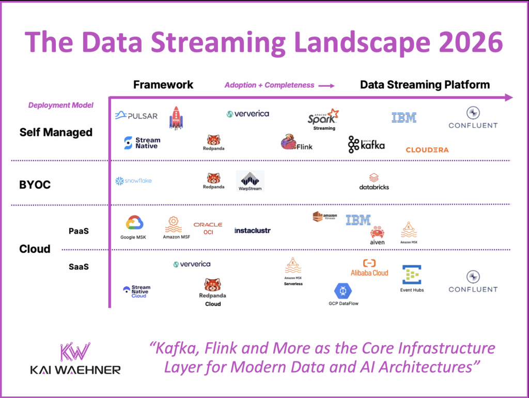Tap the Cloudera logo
(x=427, y=150)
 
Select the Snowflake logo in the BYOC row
(x=133, y=181)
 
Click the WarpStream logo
(x=250, y=181)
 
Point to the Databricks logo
(x=374, y=181)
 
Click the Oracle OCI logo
(x=208, y=228)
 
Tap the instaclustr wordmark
(x=252, y=231)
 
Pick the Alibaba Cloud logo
(x=369, y=268)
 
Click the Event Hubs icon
(x=412, y=275)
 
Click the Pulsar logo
(x=136, y=116)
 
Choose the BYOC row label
(x=35, y=184)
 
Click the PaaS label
(x=79, y=231)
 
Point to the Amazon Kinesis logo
(x=324, y=217)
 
